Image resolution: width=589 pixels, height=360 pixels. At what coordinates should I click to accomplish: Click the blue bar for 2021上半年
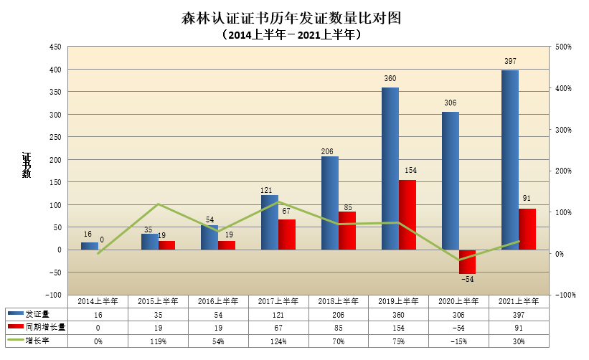(510, 160)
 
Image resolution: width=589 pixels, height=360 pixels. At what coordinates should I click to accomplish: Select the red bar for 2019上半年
(407, 214)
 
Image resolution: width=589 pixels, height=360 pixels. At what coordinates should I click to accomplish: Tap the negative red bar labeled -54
(467, 262)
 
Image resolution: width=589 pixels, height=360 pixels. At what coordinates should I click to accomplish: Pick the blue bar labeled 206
(329, 203)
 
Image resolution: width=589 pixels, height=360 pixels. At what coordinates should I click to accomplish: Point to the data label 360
(390, 78)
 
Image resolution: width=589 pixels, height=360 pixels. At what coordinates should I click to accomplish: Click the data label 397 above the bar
(510, 61)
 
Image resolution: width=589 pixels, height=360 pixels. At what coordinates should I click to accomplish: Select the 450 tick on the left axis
(55, 47)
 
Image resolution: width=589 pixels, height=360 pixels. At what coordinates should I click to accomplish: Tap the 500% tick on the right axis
(562, 47)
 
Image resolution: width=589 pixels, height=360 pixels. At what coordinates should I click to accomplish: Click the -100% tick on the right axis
(563, 295)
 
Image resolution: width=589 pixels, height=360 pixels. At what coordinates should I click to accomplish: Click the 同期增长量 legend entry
(39, 328)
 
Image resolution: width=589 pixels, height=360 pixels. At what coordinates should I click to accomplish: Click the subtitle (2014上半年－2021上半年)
(294, 34)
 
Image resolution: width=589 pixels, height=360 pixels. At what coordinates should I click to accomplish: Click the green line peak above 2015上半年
(159, 204)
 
